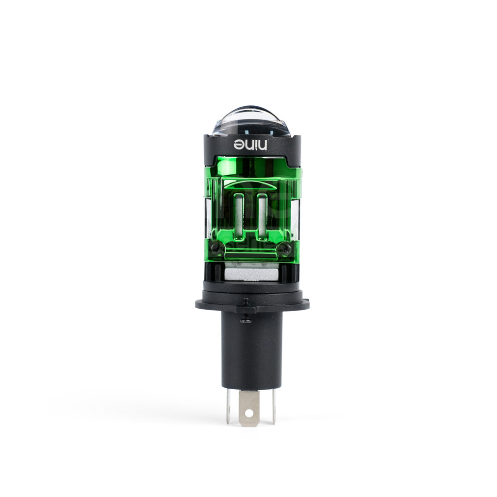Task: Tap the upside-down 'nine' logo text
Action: (x=251, y=145)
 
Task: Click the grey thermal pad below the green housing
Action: (x=251, y=274)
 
